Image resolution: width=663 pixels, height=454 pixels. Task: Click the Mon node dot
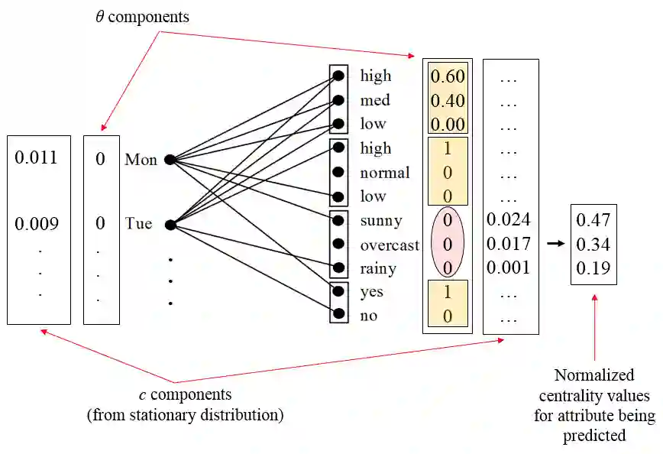click(x=170, y=160)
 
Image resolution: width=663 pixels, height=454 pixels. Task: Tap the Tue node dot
click(x=170, y=225)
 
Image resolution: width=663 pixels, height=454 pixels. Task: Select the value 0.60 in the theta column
click(x=448, y=76)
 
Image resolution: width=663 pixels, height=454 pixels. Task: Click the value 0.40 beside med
click(x=448, y=100)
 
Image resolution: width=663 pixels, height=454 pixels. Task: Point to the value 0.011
click(x=36, y=159)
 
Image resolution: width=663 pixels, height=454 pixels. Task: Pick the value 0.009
click(x=36, y=225)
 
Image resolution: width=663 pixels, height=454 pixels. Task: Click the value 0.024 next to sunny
click(x=509, y=220)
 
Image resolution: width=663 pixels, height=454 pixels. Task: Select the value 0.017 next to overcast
click(x=509, y=245)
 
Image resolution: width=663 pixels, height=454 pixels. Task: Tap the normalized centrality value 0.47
click(x=593, y=220)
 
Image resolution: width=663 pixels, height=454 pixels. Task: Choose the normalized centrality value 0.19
click(x=593, y=268)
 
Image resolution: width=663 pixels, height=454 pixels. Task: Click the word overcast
click(x=390, y=245)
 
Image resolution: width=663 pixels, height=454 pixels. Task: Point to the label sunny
click(x=380, y=221)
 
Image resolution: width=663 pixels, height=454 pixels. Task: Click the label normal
click(x=385, y=173)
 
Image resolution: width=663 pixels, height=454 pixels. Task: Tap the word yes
click(x=371, y=293)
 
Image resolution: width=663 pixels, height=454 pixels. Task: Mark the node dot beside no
click(x=338, y=313)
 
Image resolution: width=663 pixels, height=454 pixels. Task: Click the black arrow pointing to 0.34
click(x=556, y=244)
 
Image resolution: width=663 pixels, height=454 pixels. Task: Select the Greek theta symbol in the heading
click(x=99, y=16)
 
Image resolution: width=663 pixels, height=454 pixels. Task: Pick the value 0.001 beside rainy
click(x=509, y=268)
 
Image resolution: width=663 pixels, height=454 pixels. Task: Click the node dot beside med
click(x=338, y=100)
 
